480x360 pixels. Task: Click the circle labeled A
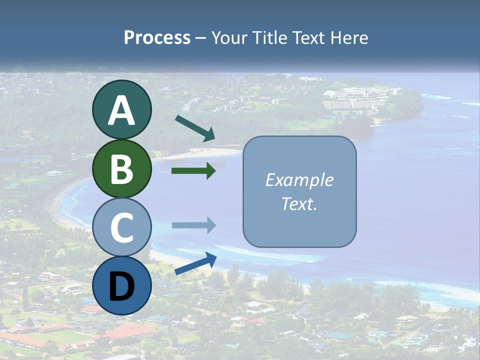121,109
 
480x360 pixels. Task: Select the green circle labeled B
121,168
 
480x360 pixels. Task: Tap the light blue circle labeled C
121,227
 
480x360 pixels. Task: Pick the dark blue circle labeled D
121,285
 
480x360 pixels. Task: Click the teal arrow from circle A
195,128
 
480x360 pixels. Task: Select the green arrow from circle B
193,171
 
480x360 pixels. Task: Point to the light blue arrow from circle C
193,225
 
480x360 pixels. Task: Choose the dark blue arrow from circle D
195,264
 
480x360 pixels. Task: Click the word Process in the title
157,38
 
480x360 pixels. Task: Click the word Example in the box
299,180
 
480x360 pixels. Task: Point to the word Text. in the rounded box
299,204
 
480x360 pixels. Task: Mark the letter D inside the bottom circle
121,286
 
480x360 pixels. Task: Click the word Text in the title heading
309,38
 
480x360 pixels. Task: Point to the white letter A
121,110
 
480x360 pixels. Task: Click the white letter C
121,227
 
